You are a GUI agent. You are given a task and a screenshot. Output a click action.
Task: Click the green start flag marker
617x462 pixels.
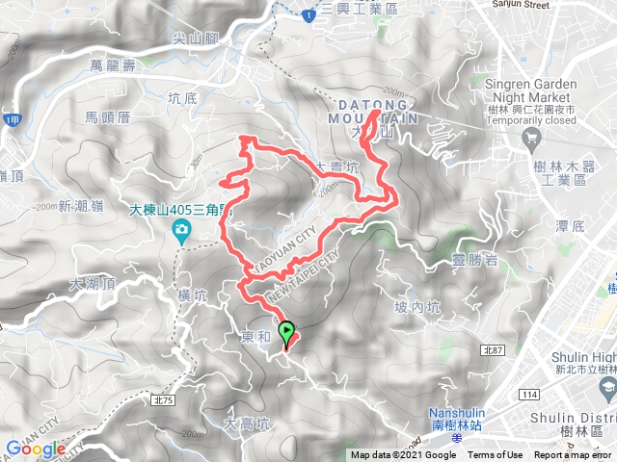point(287,333)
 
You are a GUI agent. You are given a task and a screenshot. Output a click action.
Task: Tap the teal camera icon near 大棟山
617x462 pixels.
point(180,229)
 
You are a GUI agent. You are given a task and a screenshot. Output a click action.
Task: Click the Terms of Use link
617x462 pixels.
point(496,455)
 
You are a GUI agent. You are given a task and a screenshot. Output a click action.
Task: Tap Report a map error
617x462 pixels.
point(574,455)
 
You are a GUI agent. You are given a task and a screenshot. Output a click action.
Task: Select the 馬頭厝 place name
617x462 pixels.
point(107,117)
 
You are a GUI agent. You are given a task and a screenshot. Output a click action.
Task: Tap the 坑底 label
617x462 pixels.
point(181,97)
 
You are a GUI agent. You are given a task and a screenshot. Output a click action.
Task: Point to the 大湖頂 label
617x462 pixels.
point(93,284)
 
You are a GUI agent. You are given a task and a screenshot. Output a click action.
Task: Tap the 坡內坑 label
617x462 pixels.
point(417,308)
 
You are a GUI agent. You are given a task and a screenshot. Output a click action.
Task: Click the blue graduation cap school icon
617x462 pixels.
point(607,388)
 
